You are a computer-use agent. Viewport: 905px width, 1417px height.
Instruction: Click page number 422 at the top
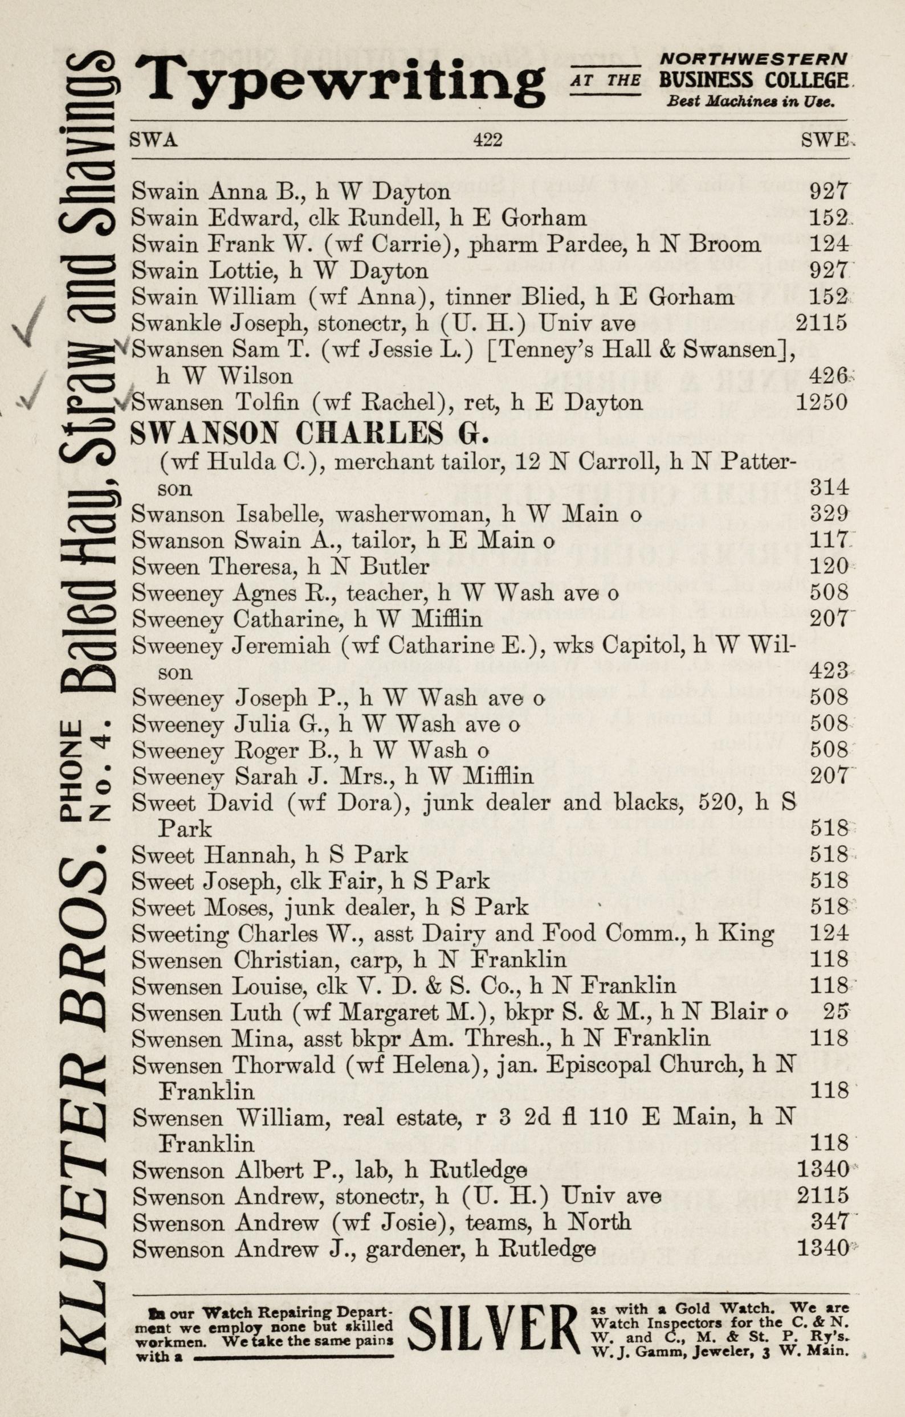[487, 140]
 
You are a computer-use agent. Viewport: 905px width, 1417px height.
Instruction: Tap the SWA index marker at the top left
[154, 140]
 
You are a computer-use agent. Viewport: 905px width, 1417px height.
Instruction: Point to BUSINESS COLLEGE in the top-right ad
[753, 80]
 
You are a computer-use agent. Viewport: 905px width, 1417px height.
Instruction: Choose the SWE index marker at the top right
[824, 140]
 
